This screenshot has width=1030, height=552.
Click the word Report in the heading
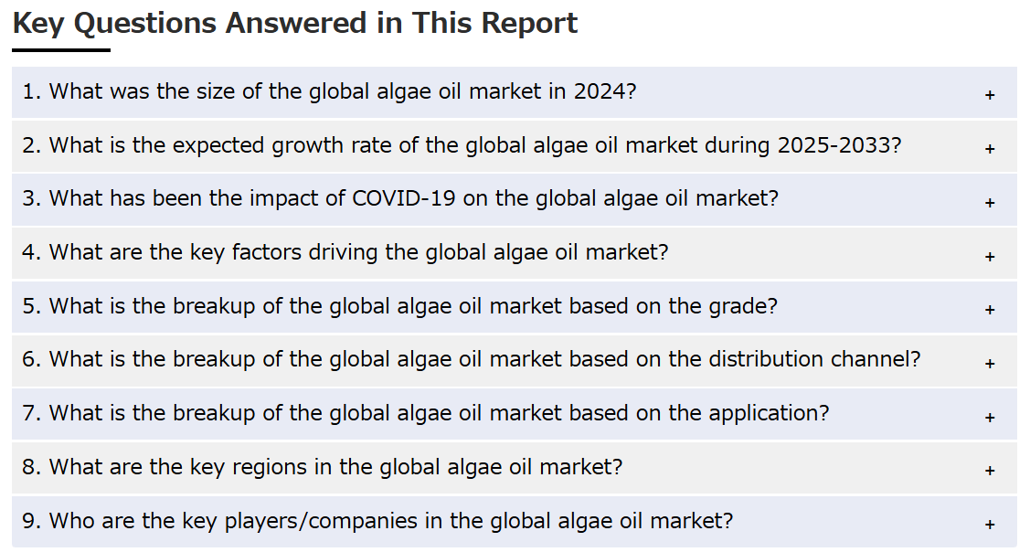[x=529, y=24]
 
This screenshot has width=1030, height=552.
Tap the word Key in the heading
[x=38, y=24]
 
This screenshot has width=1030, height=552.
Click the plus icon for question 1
[x=990, y=95]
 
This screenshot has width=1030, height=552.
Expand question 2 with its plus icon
[x=990, y=149]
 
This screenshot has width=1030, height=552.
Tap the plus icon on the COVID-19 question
[x=990, y=203]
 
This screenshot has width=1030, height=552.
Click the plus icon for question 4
[x=990, y=257]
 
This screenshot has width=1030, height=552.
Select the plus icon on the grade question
[x=990, y=310]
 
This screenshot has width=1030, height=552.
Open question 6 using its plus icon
[x=990, y=364]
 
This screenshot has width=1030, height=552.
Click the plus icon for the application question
[x=990, y=418]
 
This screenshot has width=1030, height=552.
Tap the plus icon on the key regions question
[x=990, y=471]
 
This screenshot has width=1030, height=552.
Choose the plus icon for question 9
[x=990, y=525]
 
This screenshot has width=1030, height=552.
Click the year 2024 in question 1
[x=600, y=91]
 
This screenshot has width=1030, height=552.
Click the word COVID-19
[x=404, y=198]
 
